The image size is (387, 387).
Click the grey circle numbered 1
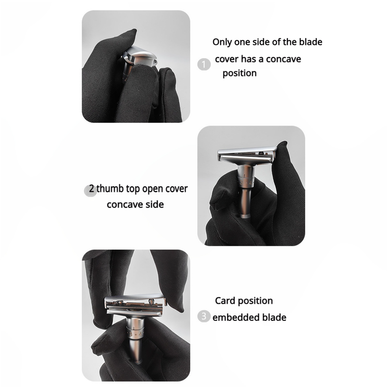[x=204, y=64]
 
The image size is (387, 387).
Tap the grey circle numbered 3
[x=204, y=316]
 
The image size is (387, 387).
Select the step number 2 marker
[x=90, y=190]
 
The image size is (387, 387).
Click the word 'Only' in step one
[x=222, y=42]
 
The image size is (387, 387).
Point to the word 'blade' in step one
[x=311, y=42]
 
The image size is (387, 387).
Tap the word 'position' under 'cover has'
[x=239, y=74]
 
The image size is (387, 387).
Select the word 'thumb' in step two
[x=110, y=189]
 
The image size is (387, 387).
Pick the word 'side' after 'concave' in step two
[x=154, y=204]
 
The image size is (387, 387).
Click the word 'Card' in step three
[x=225, y=300]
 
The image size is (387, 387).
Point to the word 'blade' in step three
[x=274, y=317]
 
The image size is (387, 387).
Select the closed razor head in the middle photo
[x=247, y=155]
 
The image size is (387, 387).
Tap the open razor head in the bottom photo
[x=135, y=305]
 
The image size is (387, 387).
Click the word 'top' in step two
[x=133, y=189]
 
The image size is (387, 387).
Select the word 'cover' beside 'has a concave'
[x=226, y=59]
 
